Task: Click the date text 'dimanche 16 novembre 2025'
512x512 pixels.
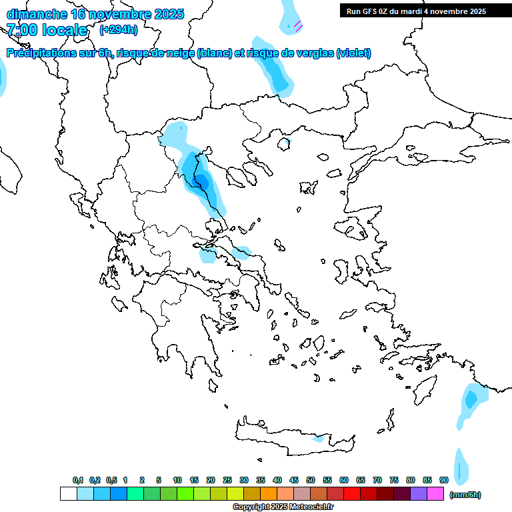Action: [95, 14]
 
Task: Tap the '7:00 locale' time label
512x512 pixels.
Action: [47, 30]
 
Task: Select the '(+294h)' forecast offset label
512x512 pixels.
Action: [119, 30]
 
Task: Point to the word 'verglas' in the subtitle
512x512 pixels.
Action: [316, 53]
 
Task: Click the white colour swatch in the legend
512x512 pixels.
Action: [68, 494]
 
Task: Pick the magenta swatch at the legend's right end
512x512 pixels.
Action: [435, 494]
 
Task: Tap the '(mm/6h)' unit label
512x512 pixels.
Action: [465, 495]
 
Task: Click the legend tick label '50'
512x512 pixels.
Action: [311, 480]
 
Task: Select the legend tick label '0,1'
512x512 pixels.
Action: [78, 480]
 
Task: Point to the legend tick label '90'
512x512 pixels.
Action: [444, 480]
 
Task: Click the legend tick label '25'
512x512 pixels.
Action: [227, 480]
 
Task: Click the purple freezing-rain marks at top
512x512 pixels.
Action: [297, 26]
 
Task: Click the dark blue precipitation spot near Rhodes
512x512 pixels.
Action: [471, 399]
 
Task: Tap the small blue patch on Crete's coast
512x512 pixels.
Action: [319, 439]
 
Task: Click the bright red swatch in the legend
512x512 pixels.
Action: [352, 494]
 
